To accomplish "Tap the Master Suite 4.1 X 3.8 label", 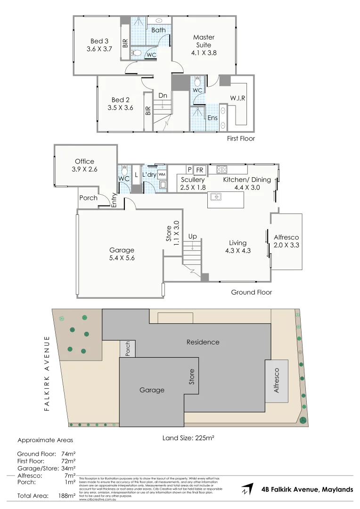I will [204, 45].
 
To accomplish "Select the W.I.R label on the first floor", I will [238, 98].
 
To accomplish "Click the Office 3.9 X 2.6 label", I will [85, 165].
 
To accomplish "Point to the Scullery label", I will [192, 180].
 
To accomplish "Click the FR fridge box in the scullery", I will [199, 170].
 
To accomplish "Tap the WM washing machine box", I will [162, 174].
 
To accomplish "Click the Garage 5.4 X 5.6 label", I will [122, 254].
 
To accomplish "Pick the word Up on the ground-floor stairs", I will [192, 236].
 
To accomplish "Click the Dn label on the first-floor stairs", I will [163, 96].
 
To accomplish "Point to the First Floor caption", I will [240, 139].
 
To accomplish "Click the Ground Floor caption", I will [251, 292].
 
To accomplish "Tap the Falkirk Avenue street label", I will [47, 373].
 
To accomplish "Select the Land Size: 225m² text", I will [188, 438].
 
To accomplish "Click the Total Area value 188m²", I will [66, 496].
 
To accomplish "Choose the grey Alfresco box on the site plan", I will [277, 381].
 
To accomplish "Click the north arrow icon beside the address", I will [246, 490].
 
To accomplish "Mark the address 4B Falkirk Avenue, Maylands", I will [307, 490].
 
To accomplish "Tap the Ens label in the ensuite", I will [213, 117].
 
